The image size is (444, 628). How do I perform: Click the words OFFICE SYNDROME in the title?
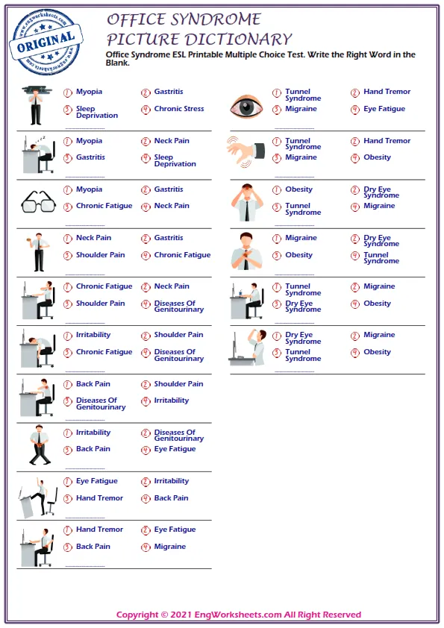pyautogui.click(x=184, y=19)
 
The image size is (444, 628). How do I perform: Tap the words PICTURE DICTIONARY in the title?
pyautogui.click(x=198, y=40)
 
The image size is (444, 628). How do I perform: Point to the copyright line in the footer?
pyautogui.click(x=239, y=615)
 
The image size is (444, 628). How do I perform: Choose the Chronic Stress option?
pyautogui.click(x=179, y=109)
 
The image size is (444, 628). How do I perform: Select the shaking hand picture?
pyautogui.click(x=246, y=151)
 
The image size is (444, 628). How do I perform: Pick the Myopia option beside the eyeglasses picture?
pyautogui.click(x=89, y=189)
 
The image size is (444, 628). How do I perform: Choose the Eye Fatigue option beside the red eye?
pyautogui.click(x=384, y=109)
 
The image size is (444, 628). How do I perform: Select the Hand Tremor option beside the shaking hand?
pyautogui.click(x=387, y=141)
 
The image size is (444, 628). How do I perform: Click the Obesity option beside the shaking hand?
pyautogui.click(x=377, y=157)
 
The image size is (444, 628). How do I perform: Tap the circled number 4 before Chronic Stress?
pyautogui.click(x=146, y=110)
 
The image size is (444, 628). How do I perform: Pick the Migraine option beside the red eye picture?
pyautogui.click(x=301, y=109)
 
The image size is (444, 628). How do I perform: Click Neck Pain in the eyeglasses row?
pyautogui.click(x=172, y=206)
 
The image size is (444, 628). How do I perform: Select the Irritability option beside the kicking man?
pyautogui.click(x=172, y=481)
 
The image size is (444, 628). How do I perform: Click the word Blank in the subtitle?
pyautogui.click(x=118, y=63)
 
